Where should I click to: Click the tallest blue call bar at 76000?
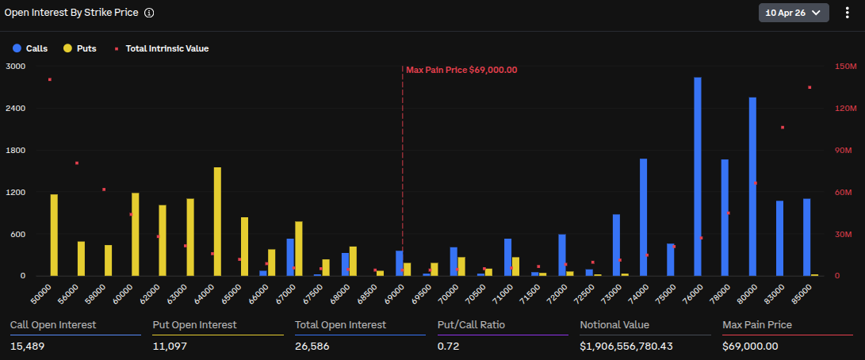click(698, 177)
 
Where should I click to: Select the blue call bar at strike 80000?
click(752, 187)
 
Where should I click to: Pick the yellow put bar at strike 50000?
click(54, 236)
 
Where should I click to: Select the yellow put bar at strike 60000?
click(136, 235)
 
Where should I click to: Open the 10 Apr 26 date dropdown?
click(794, 13)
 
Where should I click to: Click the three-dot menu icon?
click(847, 13)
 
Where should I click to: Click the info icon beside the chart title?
click(149, 13)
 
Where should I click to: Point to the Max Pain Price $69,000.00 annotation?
click(461, 70)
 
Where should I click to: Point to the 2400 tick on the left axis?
click(15, 109)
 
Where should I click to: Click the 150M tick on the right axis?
click(844, 67)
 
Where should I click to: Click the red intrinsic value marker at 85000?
click(810, 87)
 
